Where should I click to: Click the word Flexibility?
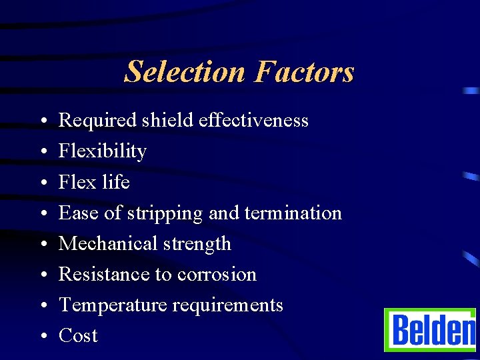pyautogui.click(x=102, y=151)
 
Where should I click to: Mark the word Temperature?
pyautogui.click(x=113, y=305)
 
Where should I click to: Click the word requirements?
pyautogui.click(x=228, y=305)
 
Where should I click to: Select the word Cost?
pyautogui.click(x=78, y=335)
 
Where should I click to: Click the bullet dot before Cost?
pyautogui.click(x=41, y=337)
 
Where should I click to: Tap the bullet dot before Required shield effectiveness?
pyautogui.click(x=41, y=121)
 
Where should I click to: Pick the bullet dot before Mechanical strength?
pyautogui.click(x=41, y=245)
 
